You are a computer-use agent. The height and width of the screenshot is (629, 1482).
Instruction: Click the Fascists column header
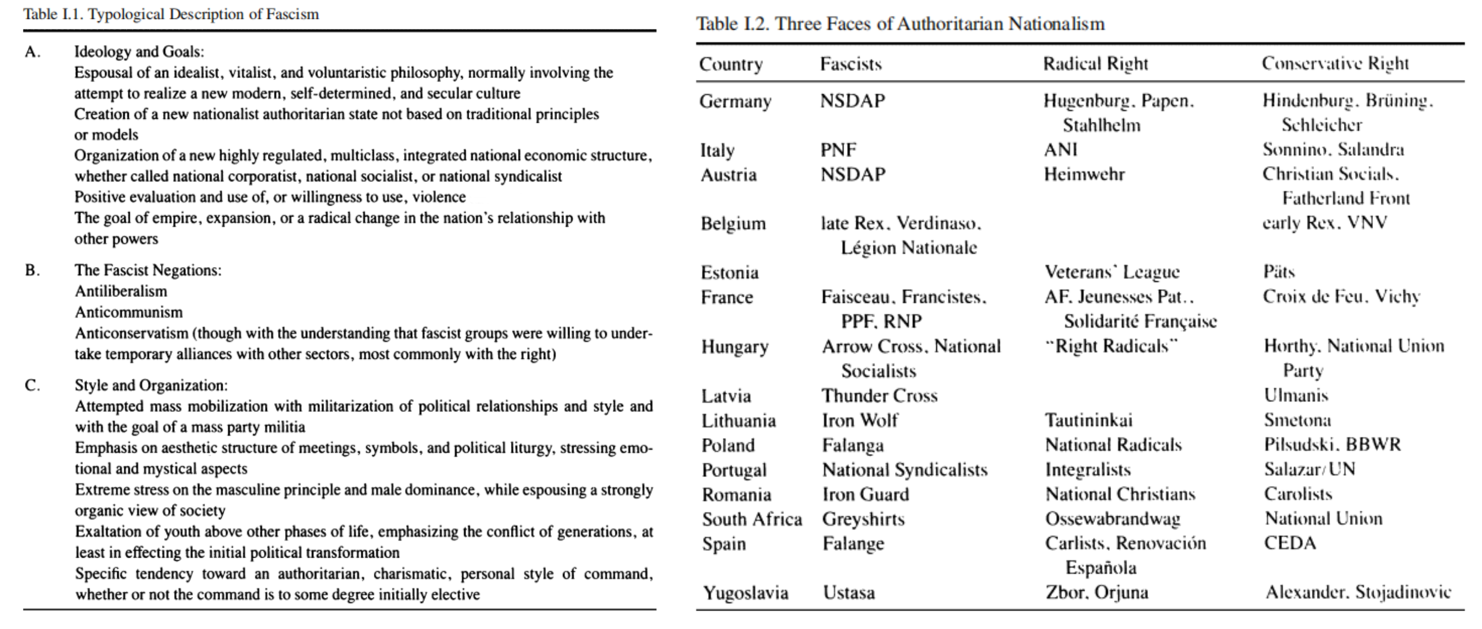[850, 64]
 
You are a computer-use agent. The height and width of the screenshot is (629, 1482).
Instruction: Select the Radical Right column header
[1095, 64]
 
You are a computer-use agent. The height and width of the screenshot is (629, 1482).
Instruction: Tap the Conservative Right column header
[1335, 63]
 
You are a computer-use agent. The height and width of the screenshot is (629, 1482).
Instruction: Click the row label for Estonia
[730, 272]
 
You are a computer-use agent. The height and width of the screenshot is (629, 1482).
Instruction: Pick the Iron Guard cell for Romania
[865, 494]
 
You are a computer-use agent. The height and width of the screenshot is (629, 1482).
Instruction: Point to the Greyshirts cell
[863, 519]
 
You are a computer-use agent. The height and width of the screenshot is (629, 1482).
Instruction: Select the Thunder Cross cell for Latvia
[879, 396]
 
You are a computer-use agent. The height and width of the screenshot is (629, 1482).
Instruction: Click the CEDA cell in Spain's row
[1290, 543]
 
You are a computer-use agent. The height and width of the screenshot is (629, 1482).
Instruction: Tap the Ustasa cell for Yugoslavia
[849, 593]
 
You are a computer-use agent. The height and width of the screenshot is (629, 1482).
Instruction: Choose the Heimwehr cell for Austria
[1084, 174]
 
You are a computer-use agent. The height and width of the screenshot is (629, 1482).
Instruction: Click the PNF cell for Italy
[838, 150]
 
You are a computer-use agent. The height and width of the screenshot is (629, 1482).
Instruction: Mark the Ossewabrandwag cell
[1113, 519]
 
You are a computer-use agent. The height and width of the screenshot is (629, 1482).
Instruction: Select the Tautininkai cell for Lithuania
[1089, 421]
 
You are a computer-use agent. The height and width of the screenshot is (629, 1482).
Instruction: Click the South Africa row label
[752, 519]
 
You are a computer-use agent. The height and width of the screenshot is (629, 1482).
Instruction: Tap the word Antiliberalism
[121, 291]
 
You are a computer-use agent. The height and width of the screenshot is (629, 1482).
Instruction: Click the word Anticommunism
[129, 312]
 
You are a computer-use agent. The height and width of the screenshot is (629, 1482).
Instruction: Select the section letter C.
[32, 385]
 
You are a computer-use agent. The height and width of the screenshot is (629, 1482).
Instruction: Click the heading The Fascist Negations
[148, 271]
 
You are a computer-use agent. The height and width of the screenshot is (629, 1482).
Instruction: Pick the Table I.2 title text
[900, 24]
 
